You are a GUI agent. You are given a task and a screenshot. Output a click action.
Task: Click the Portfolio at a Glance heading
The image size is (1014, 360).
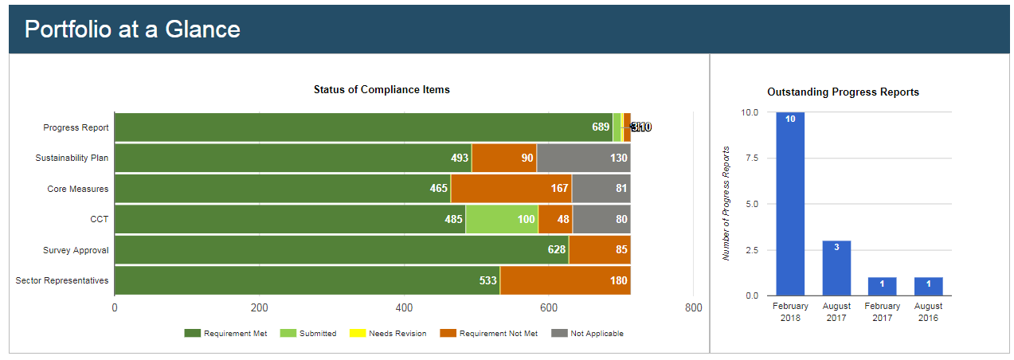pos(132,29)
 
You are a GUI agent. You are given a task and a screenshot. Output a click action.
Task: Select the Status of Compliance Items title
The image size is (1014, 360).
pos(382,90)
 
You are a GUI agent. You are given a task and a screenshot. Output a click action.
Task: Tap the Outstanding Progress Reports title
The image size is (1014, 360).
pos(843,92)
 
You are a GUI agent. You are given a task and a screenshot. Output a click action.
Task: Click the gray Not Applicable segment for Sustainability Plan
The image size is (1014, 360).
pos(583,158)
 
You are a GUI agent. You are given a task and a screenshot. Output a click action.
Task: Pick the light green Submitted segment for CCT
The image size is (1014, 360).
pos(502,219)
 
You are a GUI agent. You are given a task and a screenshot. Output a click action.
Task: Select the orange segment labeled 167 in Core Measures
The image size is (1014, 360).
pos(511,189)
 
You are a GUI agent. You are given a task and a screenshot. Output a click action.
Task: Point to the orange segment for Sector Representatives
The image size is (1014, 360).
pos(565,280)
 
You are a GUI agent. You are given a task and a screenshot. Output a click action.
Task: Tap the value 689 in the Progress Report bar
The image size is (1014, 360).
pos(600,127)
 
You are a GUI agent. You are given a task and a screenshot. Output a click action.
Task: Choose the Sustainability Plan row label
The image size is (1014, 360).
pos(72,158)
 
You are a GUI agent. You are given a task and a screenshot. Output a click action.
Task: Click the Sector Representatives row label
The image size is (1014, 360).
pos(62,280)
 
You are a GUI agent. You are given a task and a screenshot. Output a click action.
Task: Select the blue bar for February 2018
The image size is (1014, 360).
pos(790,204)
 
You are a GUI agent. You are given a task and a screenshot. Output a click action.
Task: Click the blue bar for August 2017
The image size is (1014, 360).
pos(836,268)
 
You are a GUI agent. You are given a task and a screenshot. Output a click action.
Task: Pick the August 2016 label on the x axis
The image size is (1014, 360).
pos(928,311)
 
